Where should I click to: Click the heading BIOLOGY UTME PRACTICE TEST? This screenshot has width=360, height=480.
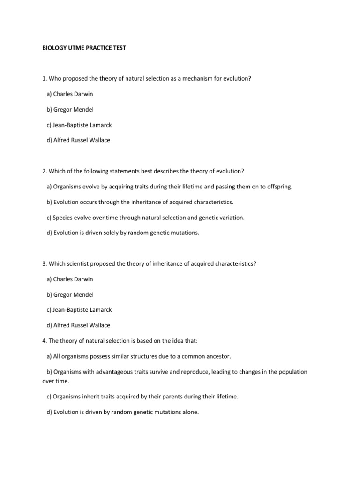tap(84, 48)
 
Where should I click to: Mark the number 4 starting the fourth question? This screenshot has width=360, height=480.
tap(44, 341)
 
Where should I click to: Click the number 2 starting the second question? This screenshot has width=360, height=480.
tap(44, 171)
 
